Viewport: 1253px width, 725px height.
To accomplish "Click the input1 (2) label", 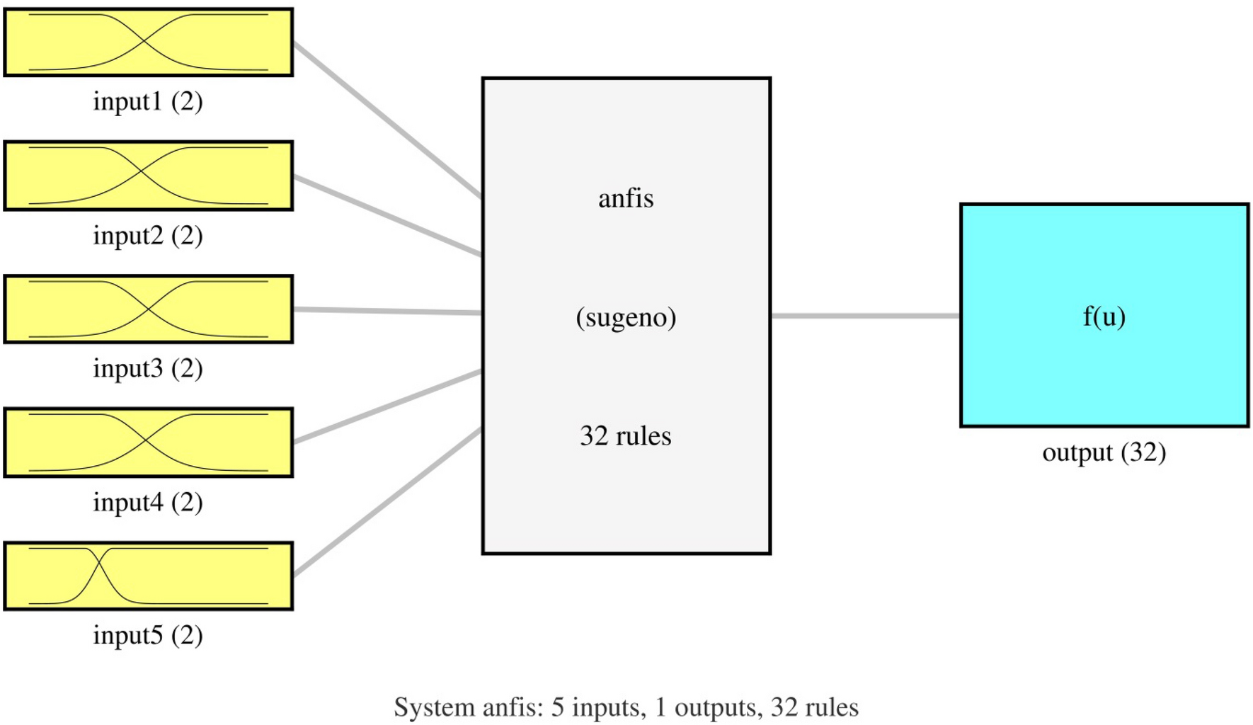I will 148,101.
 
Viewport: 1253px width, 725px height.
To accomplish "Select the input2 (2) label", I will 148,235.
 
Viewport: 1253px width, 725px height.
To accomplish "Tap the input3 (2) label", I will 148,368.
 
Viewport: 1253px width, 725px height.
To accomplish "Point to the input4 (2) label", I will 148,502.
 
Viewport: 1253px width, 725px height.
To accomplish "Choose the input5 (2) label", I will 148,635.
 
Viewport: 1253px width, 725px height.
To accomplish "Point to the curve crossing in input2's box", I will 142,172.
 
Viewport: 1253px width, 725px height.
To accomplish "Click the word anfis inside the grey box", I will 626,198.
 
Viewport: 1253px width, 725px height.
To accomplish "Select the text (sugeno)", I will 626,317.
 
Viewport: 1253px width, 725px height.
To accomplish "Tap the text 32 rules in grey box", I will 626,435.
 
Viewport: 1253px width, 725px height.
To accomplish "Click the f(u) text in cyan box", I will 1104,316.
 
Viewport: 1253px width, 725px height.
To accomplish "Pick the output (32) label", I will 1104,452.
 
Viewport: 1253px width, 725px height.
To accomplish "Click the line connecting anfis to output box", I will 865,316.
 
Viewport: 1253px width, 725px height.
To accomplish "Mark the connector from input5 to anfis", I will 388,502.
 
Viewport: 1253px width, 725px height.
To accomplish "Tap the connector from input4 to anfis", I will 388,406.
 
